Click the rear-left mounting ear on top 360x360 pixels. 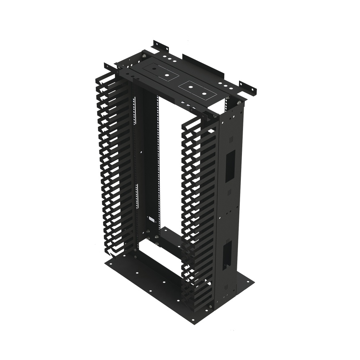(160, 46)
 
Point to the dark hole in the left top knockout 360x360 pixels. (167, 75)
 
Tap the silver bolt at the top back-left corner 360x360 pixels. (144, 56)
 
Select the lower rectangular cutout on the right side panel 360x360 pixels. (227, 256)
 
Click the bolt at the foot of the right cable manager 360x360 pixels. (210, 307)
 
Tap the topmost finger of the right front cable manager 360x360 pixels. (193, 122)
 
